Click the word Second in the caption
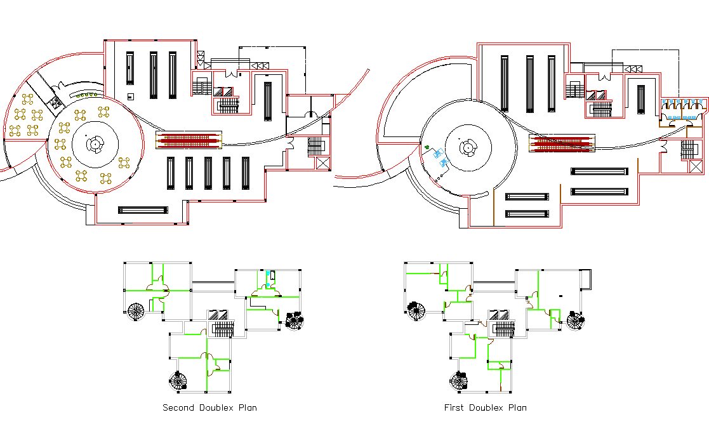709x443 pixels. coord(178,407)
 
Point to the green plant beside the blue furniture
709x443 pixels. coord(428,148)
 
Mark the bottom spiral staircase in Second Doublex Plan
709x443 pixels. coord(179,381)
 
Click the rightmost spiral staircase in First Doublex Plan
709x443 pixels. coord(574,320)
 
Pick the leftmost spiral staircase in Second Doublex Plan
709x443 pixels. coord(136,312)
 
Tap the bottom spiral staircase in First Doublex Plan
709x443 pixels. coord(458,381)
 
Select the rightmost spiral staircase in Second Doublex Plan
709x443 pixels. coord(294,320)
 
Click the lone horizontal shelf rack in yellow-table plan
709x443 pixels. coord(143,210)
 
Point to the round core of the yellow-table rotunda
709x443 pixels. coord(95,144)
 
